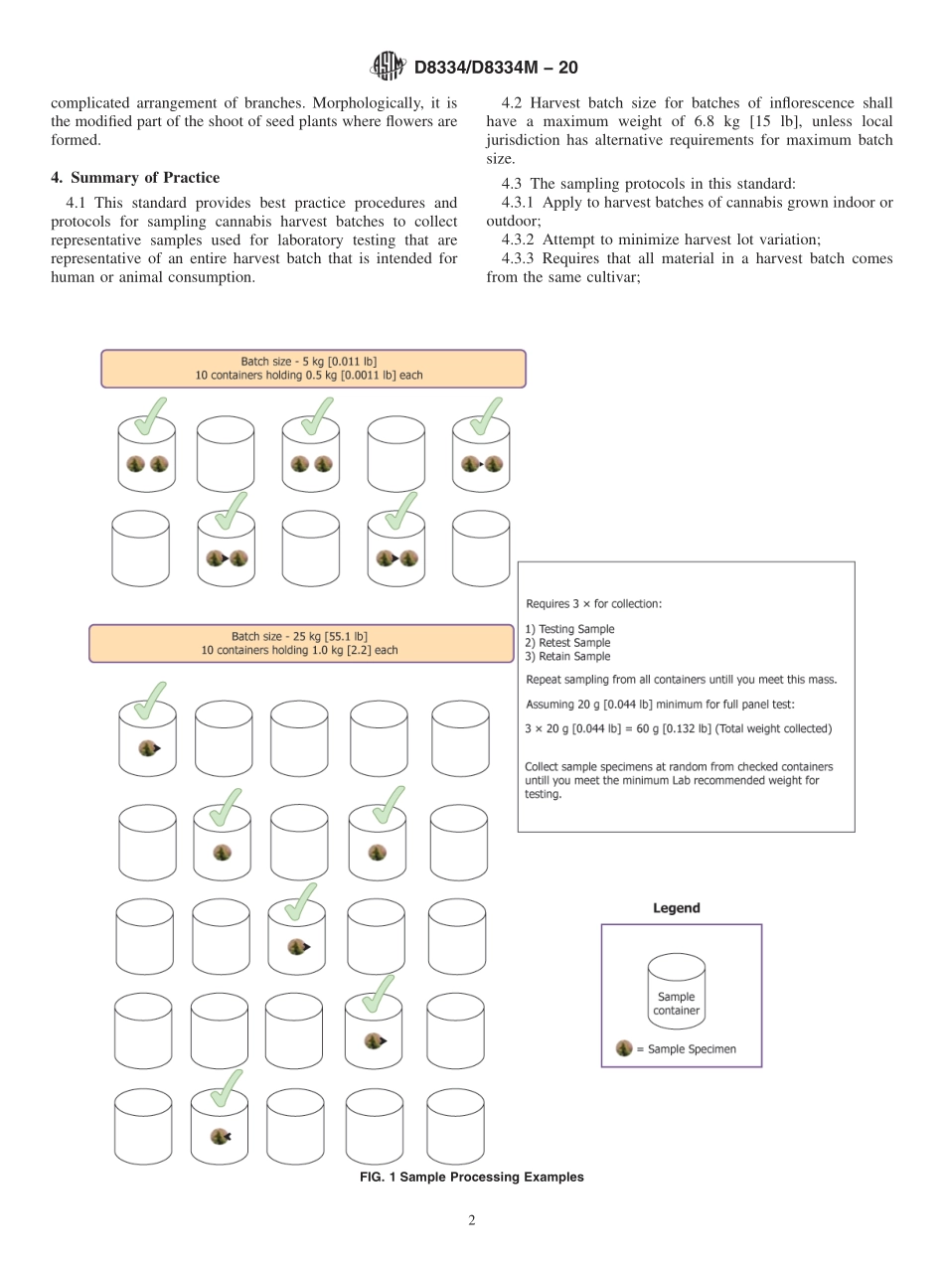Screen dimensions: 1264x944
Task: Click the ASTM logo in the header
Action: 388,67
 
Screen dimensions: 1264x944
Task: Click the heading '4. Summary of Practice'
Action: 135,178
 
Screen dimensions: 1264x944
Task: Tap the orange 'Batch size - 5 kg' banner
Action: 313,369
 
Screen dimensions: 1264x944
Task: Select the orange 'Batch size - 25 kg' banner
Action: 301,643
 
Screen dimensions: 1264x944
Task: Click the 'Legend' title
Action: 676,907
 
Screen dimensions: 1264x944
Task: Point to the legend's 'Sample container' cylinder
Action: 676,992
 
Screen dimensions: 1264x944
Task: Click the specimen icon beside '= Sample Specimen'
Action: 624,1048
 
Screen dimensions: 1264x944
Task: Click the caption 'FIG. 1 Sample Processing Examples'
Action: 471,1177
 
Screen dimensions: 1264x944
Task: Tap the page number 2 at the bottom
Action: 472,1220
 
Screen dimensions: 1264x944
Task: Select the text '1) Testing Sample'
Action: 569,629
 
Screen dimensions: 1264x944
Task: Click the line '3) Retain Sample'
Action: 567,657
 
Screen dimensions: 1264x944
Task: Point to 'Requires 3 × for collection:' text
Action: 593,603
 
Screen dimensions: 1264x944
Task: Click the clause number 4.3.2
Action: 523,238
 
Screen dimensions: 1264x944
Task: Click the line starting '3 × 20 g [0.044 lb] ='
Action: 678,728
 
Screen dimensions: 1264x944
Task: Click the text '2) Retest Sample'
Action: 567,643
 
